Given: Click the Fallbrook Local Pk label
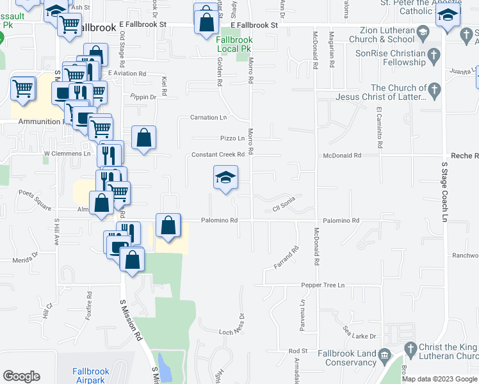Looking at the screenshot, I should pyautogui.click(x=234, y=44).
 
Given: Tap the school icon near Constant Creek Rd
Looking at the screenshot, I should pyautogui.click(x=225, y=177).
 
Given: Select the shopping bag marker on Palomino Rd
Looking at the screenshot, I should pyautogui.click(x=168, y=226).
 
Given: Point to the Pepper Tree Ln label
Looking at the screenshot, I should pyautogui.click(x=323, y=285).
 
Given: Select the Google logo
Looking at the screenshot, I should pyautogui.click(x=22, y=376).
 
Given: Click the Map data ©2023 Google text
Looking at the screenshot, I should pyautogui.click(x=439, y=379).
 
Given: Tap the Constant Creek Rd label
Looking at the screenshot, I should pyautogui.click(x=218, y=155).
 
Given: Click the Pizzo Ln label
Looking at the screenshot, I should pyautogui.click(x=232, y=138).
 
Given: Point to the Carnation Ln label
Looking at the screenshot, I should pyautogui.click(x=209, y=118).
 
